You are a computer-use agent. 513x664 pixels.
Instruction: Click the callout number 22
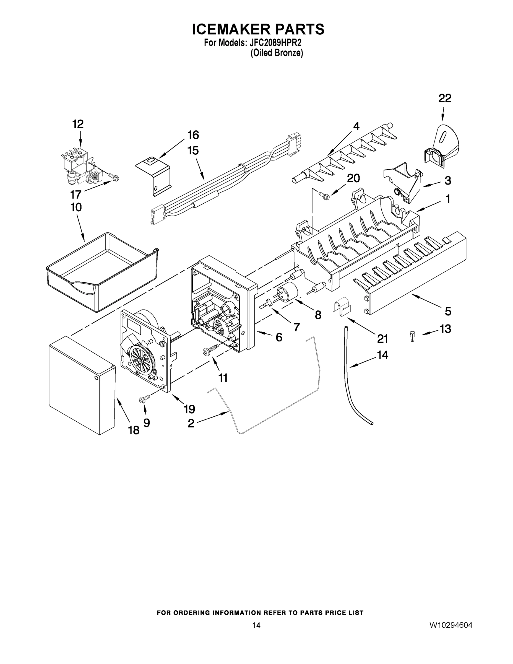[x=445, y=98]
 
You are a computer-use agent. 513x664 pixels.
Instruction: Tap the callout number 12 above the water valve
[x=78, y=124]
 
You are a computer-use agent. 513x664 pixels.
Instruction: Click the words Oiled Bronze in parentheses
[x=277, y=53]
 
